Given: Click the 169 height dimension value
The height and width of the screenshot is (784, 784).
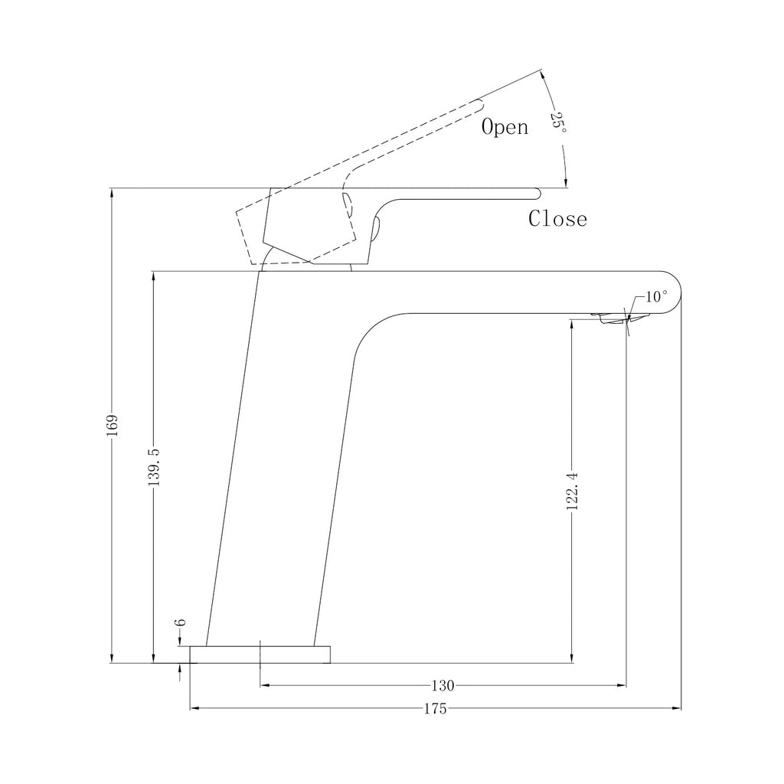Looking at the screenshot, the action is [113, 425].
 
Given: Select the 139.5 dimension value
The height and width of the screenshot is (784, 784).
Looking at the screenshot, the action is [155, 467].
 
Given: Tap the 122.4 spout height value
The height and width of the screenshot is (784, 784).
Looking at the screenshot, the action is [573, 491].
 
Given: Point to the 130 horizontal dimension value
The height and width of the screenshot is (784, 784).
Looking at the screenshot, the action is [443, 685].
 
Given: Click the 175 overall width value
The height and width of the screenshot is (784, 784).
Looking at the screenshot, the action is [435, 709].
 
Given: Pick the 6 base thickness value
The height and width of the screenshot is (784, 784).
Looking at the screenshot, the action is [181, 622].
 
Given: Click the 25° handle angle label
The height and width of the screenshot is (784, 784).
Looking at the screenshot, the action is [558, 123].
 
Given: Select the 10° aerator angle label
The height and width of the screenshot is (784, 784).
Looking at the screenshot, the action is [656, 296].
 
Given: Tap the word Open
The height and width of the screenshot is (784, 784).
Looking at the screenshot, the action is [505, 127].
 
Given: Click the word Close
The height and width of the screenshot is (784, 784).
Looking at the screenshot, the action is [558, 218].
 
